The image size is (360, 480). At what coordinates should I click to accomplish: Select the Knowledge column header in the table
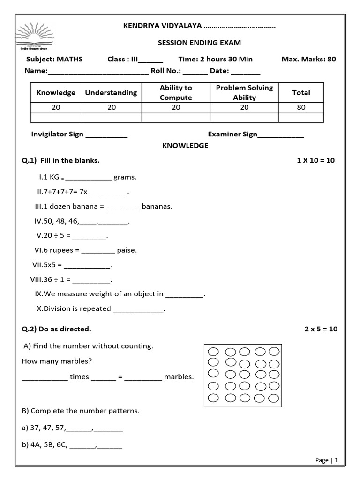pos(56,93)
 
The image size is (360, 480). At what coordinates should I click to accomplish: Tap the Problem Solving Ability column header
pos(244,93)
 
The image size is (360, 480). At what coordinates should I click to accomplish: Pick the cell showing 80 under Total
pos(301,107)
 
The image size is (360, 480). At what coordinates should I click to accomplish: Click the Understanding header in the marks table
pos(111,93)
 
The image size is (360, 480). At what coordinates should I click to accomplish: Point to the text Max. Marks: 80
pos(308,59)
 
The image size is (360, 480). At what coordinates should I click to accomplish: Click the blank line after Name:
pos(98,72)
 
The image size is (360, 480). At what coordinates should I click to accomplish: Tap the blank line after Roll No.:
pos(195,72)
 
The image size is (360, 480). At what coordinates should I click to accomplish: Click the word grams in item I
pos(125,177)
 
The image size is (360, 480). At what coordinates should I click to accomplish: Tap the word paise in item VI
pos(127,250)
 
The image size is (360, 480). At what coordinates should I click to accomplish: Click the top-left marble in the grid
pos(213,352)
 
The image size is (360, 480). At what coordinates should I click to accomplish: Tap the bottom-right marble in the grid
pos(274,397)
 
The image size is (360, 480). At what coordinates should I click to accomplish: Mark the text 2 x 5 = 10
pos(321,329)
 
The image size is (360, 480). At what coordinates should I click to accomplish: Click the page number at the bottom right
pos(327,460)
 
